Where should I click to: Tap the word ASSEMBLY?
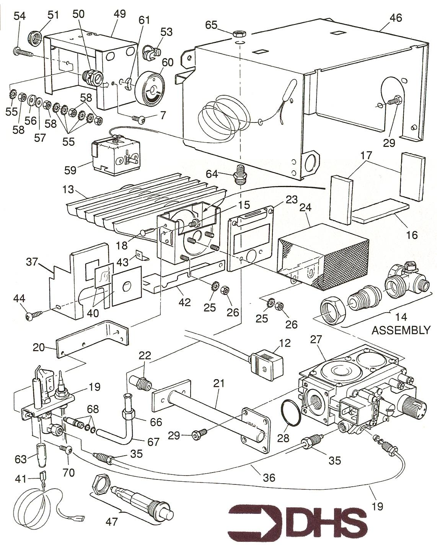(x=401, y=330)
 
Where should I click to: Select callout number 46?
(x=396, y=18)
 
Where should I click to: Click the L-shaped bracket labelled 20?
(x=92, y=340)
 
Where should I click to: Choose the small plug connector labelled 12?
(x=266, y=360)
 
